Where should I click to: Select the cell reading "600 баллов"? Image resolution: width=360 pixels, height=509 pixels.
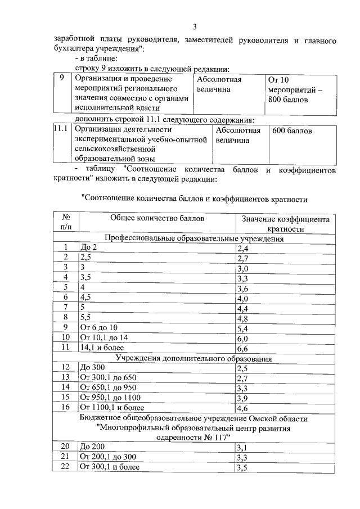(292, 131)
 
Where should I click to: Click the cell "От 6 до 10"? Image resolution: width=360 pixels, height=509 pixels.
(99, 327)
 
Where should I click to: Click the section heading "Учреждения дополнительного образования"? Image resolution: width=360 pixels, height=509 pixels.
(194, 358)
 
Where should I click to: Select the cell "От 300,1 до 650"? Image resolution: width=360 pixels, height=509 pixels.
(108, 377)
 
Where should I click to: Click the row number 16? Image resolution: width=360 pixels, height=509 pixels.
(65, 407)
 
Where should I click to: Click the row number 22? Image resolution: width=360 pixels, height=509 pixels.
(65, 467)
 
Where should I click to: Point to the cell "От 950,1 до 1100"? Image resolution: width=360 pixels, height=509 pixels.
(110, 397)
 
